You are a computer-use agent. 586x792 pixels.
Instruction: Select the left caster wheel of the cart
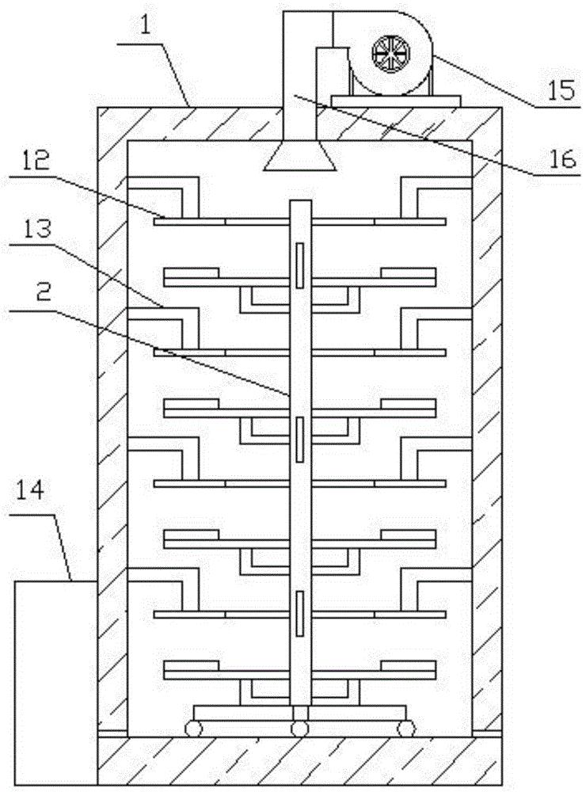(x=192, y=728)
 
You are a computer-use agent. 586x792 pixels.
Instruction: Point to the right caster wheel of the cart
(x=405, y=728)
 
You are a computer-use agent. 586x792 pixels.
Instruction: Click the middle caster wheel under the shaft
(x=299, y=728)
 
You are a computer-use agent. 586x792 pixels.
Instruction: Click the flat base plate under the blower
(x=397, y=99)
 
